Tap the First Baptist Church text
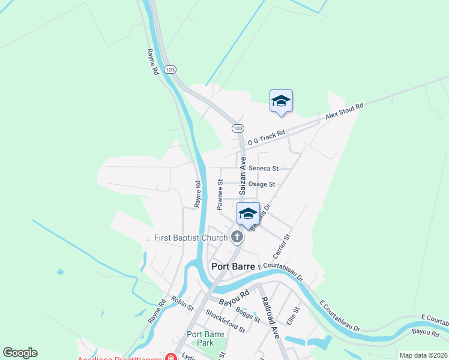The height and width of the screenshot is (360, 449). pyautogui.click(x=191, y=238)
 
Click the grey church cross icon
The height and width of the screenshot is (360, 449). pyautogui.click(x=237, y=237)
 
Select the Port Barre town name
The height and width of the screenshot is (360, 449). pyautogui.click(x=233, y=266)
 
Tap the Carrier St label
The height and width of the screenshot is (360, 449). pyautogui.click(x=282, y=245)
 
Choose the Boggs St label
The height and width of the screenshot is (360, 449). pyautogui.click(x=248, y=315)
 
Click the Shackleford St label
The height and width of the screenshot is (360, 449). pyautogui.click(x=225, y=321)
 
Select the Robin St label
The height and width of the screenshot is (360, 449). pyautogui.click(x=182, y=303)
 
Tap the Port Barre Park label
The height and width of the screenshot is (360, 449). pyautogui.click(x=205, y=338)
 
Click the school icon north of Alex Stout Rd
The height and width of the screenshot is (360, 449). pyautogui.click(x=281, y=101)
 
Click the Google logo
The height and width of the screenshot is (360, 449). pyautogui.click(x=20, y=353)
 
